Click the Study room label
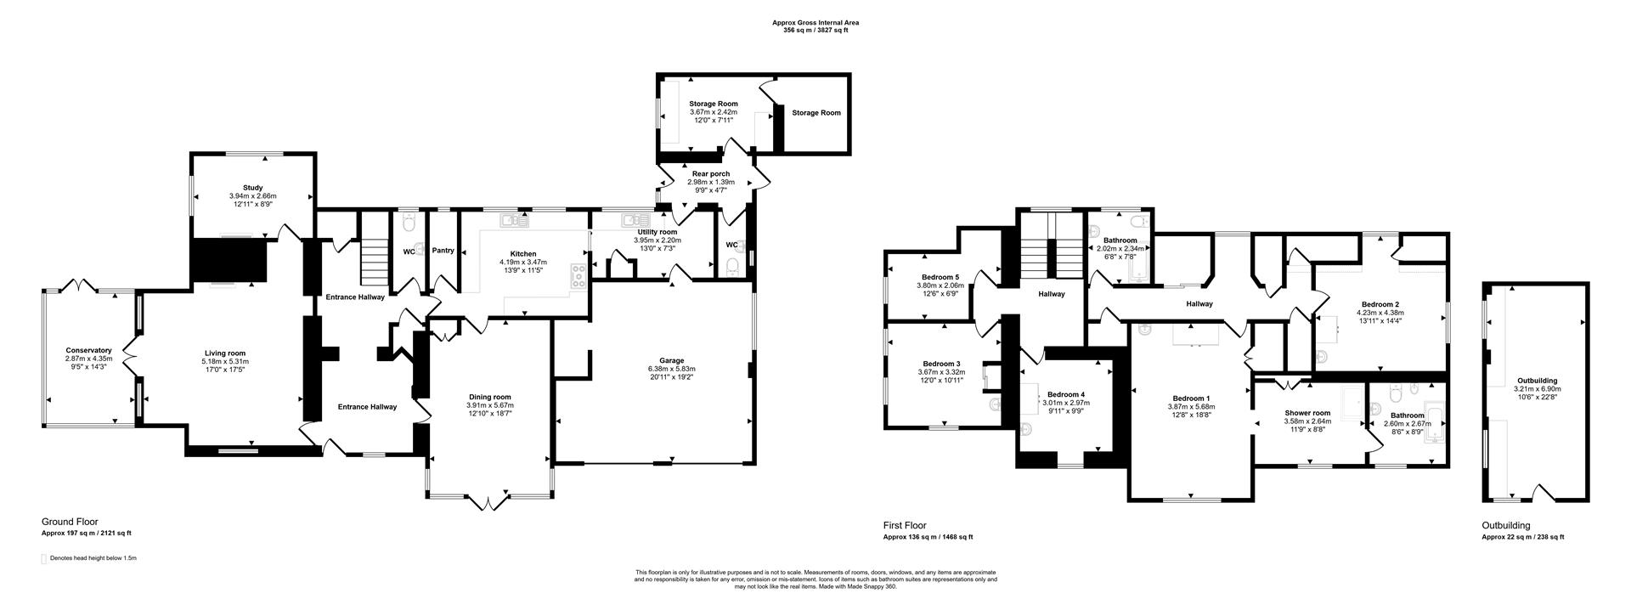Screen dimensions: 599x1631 click(252, 188)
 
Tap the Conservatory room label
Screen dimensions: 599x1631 click(89, 350)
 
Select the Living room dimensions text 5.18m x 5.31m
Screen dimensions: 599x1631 click(225, 362)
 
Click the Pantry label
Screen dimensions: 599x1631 click(443, 251)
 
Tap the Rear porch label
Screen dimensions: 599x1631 click(710, 174)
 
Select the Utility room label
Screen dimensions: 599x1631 click(657, 232)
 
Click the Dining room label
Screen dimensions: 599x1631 click(490, 397)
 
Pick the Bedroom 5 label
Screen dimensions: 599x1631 click(940, 277)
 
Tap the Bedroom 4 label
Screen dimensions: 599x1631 click(1065, 394)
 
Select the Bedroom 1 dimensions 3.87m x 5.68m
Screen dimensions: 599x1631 click(1191, 407)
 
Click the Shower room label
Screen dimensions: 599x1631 click(1306, 413)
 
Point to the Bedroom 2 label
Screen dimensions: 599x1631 click(1380, 304)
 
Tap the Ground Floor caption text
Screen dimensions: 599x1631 click(70, 522)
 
